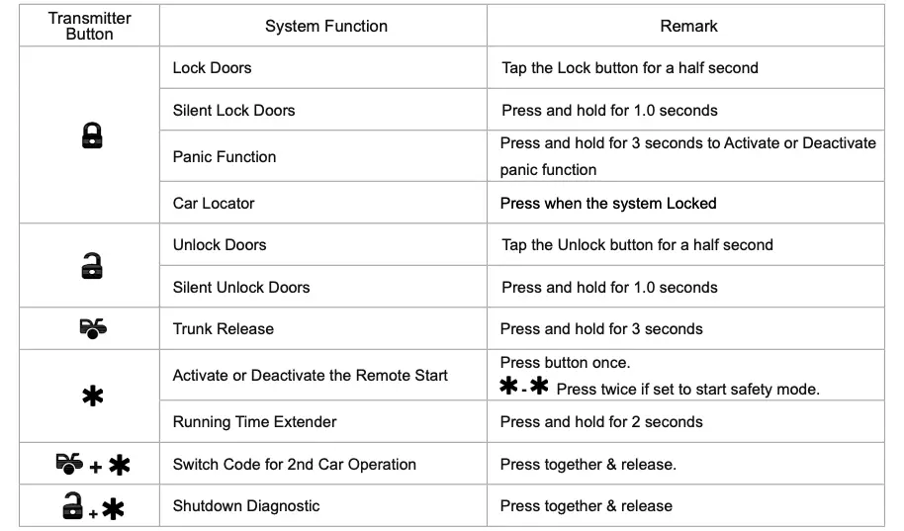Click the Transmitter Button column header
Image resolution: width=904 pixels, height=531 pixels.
click(89, 26)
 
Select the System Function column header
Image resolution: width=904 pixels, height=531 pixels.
click(325, 27)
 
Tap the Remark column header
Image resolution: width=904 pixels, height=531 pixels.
click(688, 27)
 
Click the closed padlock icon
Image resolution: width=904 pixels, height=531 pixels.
click(91, 136)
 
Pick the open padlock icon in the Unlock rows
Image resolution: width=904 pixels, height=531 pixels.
click(91, 265)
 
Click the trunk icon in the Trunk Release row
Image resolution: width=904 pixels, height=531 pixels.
click(92, 328)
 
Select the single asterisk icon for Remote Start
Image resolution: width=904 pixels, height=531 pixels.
click(92, 398)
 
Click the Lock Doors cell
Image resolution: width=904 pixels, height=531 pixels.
click(212, 68)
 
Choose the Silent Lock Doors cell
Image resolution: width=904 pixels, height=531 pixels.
click(233, 111)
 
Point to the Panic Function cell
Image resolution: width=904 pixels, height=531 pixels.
click(225, 156)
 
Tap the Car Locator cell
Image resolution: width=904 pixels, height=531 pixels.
click(214, 204)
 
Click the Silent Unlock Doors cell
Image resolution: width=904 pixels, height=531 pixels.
click(241, 288)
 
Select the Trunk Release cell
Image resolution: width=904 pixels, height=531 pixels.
click(224, 329)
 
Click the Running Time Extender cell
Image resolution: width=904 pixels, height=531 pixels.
click(254, 422)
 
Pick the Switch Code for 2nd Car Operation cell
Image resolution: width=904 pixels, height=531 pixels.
click(294, 465)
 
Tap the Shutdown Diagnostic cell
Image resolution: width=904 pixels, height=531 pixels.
click(246, 506)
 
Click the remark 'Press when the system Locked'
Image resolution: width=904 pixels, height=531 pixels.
click(607, 204)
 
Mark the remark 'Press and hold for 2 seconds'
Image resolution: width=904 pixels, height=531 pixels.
click(601, 422)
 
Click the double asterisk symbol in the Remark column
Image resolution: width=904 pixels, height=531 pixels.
click(524, 388)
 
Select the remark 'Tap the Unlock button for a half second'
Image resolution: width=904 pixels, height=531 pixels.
click(637, 245)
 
